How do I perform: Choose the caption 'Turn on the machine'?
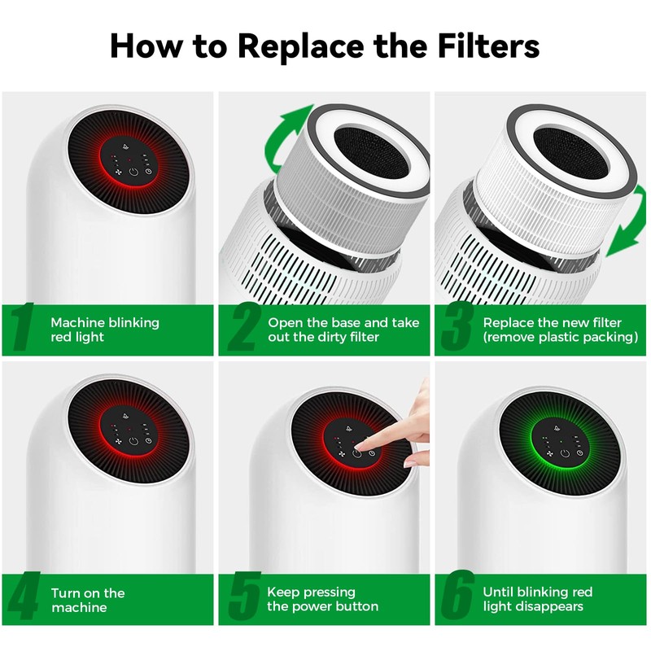[x=88, y=600]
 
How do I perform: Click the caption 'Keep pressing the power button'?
[x=322, y=600]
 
